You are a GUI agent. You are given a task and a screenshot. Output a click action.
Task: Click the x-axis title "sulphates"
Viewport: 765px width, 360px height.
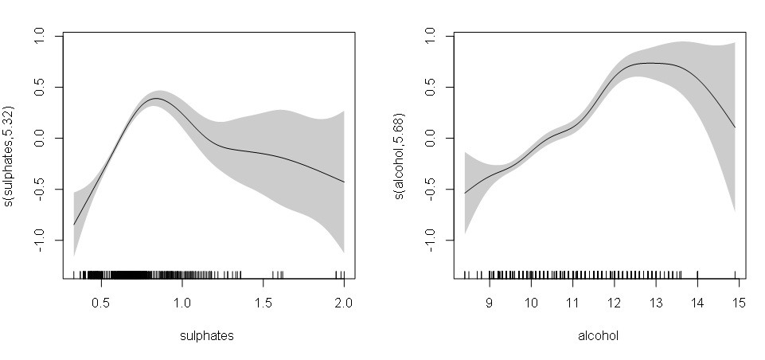click(207, 336)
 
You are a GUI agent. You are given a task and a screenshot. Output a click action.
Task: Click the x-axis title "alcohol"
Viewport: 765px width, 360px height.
click(599, 336)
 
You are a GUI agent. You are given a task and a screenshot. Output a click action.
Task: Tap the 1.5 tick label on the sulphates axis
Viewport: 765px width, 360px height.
click(262, 303)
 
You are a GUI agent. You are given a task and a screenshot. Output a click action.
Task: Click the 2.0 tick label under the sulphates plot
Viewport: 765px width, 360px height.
click(343, 303)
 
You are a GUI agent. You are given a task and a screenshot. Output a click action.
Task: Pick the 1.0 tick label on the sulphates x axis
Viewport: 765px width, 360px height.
click(181, 303)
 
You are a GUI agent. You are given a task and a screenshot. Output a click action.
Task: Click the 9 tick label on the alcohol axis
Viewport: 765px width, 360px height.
click(490, 303)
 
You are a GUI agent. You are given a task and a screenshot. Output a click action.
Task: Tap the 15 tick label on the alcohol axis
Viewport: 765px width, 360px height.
click(738, 303)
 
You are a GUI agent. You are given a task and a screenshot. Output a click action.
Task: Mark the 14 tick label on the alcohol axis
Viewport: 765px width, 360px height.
click(697, 303)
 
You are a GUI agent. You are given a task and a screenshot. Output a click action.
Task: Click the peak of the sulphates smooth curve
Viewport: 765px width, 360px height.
click(156, 99)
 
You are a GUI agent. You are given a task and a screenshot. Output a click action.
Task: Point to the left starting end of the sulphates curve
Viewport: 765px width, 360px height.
click(74, 225)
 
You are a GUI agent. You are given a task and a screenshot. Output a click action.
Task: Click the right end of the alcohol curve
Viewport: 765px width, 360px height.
click(734, 127)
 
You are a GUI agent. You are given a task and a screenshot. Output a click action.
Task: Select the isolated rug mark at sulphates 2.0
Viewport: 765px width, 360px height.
click(343, 275)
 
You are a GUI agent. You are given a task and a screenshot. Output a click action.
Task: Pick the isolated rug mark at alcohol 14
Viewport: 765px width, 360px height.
click(697, 275)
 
